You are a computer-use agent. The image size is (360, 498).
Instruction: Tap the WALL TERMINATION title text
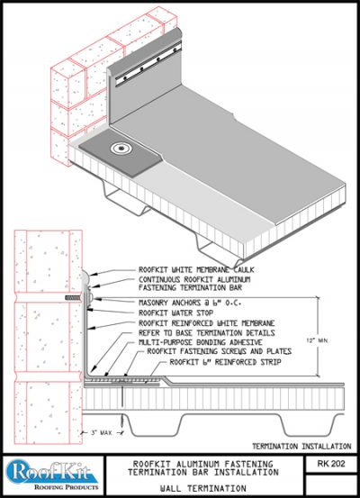point(193,485)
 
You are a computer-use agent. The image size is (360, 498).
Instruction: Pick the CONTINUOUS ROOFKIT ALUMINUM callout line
point(193,279)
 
